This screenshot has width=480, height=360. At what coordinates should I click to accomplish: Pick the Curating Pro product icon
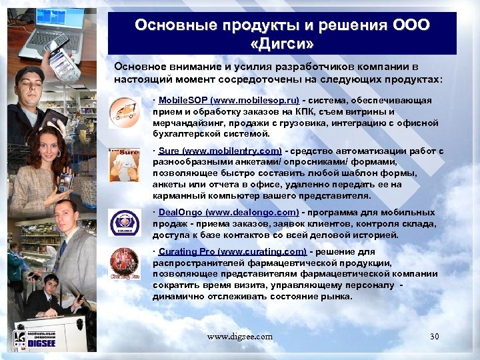[123, 263]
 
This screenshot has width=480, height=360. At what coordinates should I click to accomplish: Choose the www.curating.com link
[265, 252]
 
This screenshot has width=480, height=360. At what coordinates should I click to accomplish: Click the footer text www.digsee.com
[239, 337]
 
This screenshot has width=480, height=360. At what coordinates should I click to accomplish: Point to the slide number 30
[434, 336]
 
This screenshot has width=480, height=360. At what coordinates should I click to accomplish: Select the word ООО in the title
[411, 25]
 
